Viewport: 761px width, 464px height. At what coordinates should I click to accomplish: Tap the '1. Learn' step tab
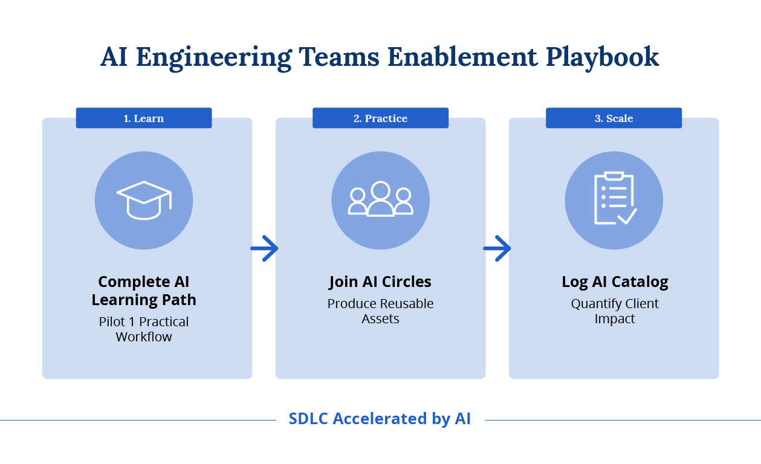coord(144,118)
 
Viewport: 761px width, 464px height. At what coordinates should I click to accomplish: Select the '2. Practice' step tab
coord(380,118)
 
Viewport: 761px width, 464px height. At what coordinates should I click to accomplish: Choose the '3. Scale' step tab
coord(614,118)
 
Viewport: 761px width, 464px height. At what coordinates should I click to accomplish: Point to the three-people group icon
coord(380,199)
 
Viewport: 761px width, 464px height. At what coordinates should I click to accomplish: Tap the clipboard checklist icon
coord(614,199)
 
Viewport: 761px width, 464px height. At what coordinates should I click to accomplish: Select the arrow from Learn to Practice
coord(264,248)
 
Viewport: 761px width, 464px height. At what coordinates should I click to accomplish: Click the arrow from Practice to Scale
coord(497,248)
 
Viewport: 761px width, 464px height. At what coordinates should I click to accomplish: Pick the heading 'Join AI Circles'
coord(380,282)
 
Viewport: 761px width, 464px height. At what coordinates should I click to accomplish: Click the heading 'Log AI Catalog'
coord(615,282)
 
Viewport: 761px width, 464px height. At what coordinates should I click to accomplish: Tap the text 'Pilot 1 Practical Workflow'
coord(144,329)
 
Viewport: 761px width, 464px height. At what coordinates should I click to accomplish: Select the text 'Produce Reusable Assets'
coord(380,311)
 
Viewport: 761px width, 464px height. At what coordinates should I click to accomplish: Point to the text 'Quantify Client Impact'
coord(615,311)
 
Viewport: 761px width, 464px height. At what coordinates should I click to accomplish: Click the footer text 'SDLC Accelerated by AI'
coord(380,419)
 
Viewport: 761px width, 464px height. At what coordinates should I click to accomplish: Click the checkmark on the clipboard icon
coord(627,216)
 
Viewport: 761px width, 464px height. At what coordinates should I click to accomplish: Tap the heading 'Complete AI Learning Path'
coord(144,291)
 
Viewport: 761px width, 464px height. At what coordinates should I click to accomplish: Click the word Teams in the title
coord(339,57)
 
